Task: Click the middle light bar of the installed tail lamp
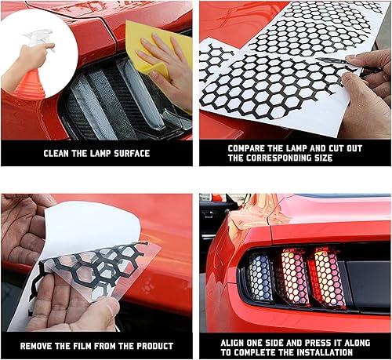[x=294, y=275]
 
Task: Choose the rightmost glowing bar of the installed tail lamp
[x=328, y=271]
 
